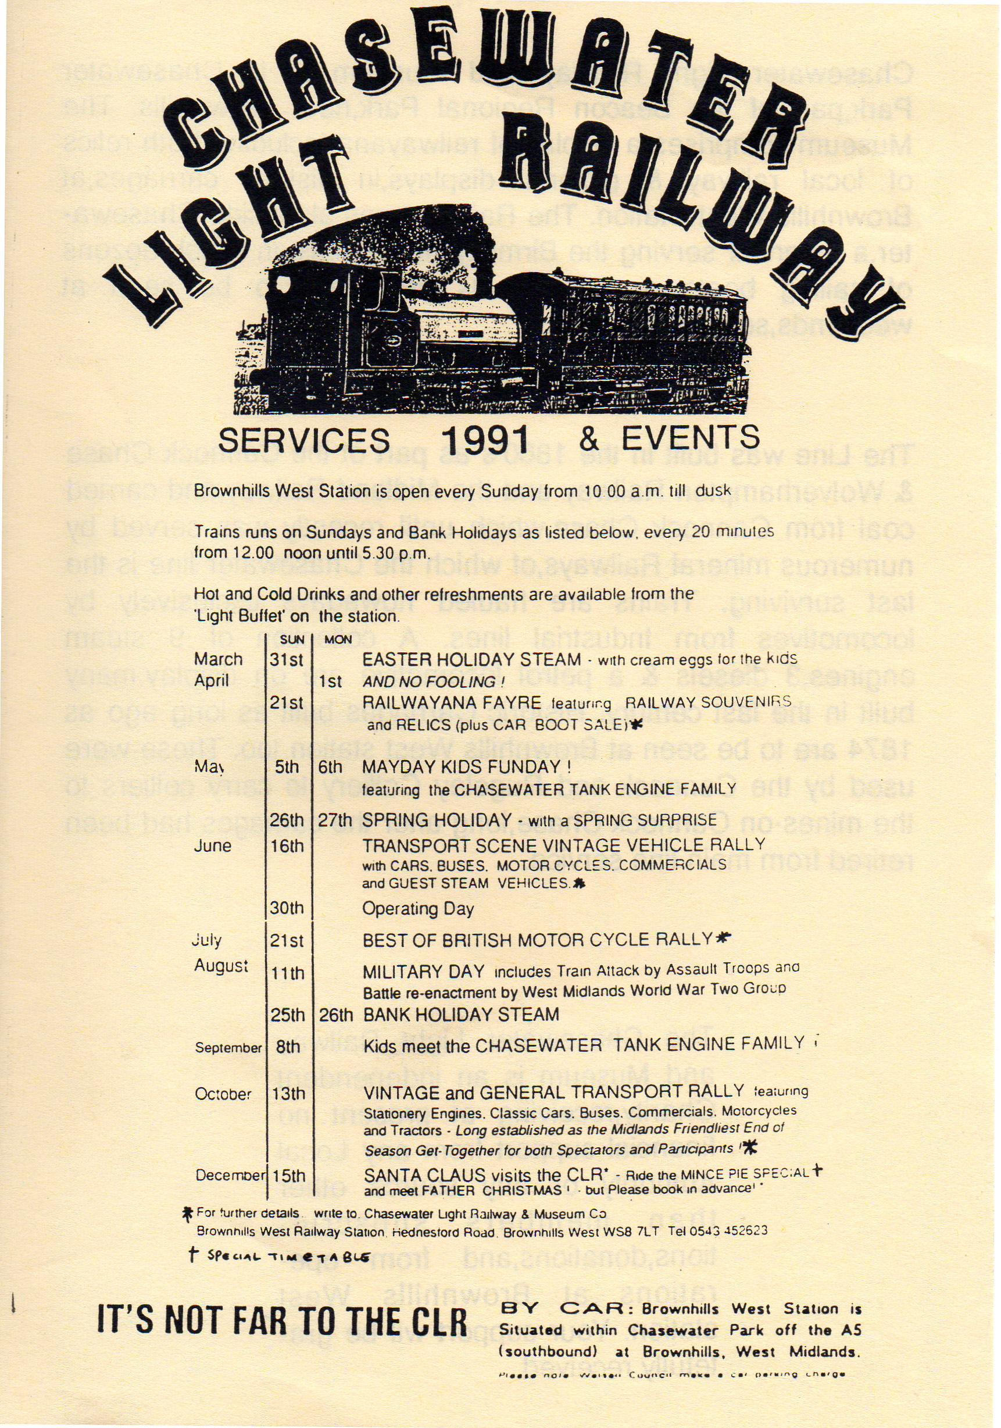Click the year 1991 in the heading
coord(484,440)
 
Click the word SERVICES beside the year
coord(304,440)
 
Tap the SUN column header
coord(292,640)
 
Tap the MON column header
coord(338,640)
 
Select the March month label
coord(217,659)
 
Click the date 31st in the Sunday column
coord(286,659)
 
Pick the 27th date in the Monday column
coord(335,820)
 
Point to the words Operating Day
coord(418,909)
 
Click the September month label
coord(228,1047)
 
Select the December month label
coord(230,1175)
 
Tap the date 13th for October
coord(288,1094)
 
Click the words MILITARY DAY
coord(423,972)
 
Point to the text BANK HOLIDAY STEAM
coord(461,1015)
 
